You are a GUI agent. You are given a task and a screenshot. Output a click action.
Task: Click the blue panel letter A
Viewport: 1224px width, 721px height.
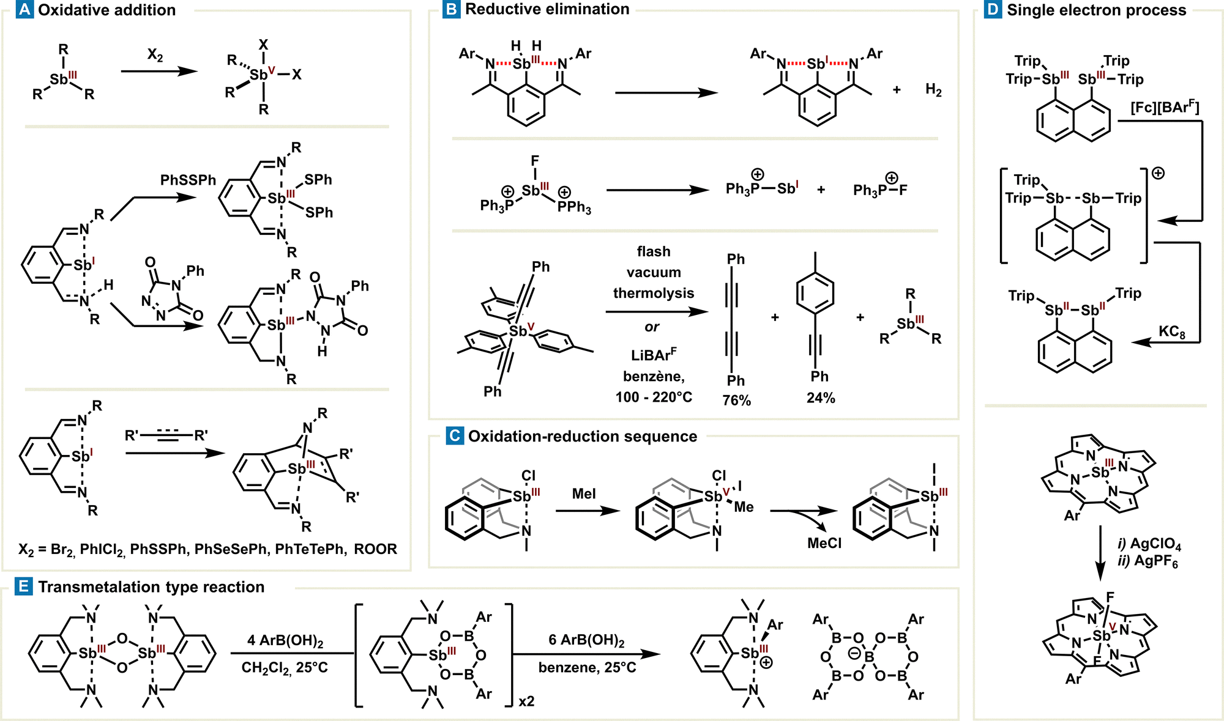[x=25, y=10]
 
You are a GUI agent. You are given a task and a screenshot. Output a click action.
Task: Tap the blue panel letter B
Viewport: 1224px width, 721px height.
[x=452, y=10]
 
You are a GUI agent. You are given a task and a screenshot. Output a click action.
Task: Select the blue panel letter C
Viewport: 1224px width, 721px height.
[x=455, y=436]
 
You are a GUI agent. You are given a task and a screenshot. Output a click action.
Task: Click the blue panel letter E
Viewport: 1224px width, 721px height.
[x=23, y=587]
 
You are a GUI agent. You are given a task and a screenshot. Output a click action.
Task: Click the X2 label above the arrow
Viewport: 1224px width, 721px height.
[x=155, y=55]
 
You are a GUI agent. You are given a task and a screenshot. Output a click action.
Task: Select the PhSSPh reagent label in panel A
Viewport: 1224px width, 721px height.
[x=188, y=180]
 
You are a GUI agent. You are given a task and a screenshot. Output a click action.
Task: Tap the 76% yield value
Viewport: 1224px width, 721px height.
[x=736, y=401]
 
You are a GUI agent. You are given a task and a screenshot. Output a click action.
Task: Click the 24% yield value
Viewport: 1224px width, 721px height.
[x=821, y=398]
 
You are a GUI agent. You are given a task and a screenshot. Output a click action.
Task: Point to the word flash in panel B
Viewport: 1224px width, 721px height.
[x=654, y=251]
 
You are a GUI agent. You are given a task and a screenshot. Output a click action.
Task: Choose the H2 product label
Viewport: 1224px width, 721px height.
[x=933, y=91]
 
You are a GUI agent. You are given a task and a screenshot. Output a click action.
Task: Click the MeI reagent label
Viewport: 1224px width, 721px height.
[x=584, y=494]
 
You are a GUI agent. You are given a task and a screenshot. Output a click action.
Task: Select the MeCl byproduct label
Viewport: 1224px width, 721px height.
[x=824, y=543]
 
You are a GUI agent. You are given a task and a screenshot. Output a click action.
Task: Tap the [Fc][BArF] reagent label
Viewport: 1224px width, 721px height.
[x=1165, y=108]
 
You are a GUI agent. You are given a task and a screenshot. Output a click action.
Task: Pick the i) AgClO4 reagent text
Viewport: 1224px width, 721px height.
[x=1149, y=544]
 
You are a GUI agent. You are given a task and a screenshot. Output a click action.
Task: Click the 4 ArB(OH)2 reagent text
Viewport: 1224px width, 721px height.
[x=285, y=641]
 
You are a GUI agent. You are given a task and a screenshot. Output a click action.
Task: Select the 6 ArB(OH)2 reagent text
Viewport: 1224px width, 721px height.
[x=586, y=640]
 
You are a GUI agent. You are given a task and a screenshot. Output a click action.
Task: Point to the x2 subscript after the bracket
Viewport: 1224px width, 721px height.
[x=526, y=701]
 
